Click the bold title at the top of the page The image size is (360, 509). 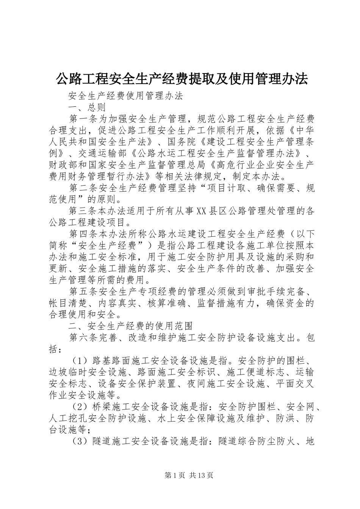tap(182, 79)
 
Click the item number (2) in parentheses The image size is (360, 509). tap(80, 406)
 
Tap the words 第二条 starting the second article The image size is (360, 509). tap(83, 188)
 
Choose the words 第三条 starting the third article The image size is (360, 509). tap(83, 211)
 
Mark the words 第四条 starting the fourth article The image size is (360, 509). tap(83, 234)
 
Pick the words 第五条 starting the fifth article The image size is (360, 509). tap(83, 291)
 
